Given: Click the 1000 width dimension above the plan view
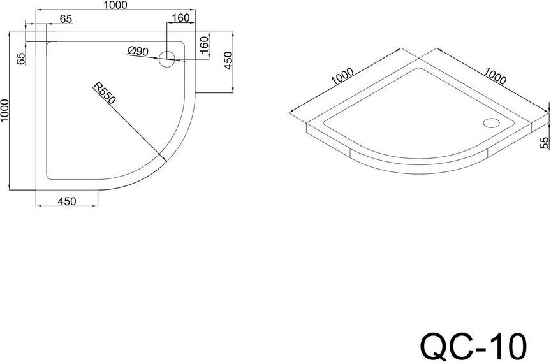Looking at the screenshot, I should click(x=114, y=6).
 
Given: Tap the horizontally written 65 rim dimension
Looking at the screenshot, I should click(x=65, y=19).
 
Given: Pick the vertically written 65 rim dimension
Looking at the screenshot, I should click(x=21, y=59).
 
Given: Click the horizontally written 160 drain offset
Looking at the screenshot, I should click(x=180, y=18).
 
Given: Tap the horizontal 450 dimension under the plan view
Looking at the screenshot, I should click(x=67, y=201).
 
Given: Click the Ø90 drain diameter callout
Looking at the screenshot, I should click(x=138, y=50).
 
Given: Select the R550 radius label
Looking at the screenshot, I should click(x=102, y=95).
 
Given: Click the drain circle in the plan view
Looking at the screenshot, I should click(x=166, y=61).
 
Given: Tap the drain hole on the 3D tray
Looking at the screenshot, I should click(x=492, y=123).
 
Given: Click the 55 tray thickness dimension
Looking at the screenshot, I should click(x=544, y=142).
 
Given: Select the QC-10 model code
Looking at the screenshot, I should click(x=473, y=344).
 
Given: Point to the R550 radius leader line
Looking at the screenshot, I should click(x=128, y=125).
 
